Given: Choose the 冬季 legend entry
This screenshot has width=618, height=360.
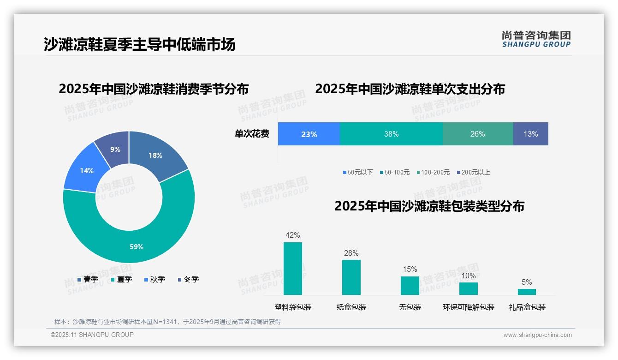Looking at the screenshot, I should coord(188,279).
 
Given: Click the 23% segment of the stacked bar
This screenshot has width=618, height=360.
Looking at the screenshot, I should coord(309,134).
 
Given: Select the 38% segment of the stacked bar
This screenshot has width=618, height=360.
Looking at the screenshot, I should coord(391,134).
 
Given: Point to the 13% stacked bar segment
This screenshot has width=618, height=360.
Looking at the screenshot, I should coord(530,134).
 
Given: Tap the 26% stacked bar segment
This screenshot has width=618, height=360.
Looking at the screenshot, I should coord(477,134).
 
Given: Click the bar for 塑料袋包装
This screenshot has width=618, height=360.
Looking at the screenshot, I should coord(293,269).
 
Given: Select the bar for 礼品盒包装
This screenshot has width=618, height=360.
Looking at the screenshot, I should coord(527,292).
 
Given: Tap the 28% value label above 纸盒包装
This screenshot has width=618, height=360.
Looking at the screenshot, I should coord(351,253).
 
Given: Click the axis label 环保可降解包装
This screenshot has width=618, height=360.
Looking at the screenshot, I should coord(469,307).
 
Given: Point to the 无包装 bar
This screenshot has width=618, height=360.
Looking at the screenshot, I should coord(410,285).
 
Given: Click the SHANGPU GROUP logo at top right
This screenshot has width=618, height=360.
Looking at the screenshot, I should coord(536,39).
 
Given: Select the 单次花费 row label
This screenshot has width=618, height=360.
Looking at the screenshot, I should coord(252,134).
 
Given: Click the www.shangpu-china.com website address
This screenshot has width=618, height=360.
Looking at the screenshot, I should coord(537,335).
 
